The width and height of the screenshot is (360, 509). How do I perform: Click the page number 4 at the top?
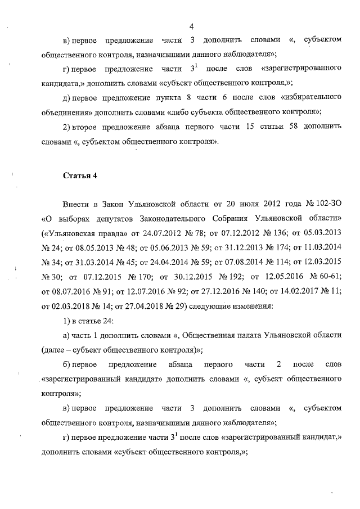point(192,26)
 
